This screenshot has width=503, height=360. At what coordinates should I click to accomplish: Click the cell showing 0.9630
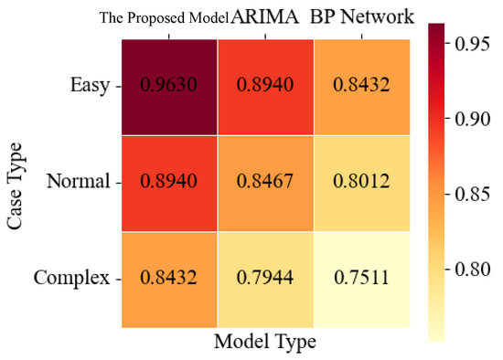pyautogui.click(x=169, y=86)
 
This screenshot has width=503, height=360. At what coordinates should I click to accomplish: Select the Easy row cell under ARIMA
pyautogui.click(x=265, y=86)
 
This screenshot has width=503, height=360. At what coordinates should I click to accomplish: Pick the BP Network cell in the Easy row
pyautogui.click(x=361, y=86)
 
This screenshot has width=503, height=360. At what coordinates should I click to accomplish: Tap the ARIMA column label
pyautogui.click(x=265, y=16)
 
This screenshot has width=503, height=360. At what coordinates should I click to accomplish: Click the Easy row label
pyautogui.click(x=88, y=86)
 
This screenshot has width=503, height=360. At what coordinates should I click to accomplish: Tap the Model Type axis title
pyautogui.click(x=264, y=343)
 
